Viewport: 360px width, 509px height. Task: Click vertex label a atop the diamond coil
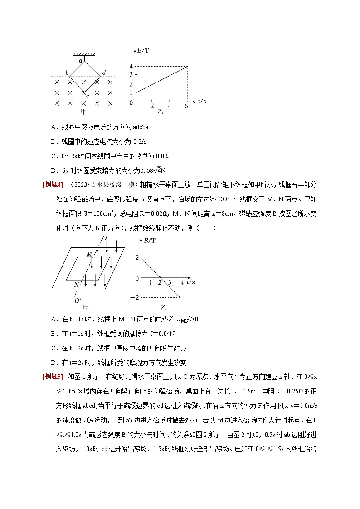[x=80, y=60]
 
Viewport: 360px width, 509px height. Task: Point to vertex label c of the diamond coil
[x=87, y=96]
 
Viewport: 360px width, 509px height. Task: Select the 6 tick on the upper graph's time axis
[x=187, y=106]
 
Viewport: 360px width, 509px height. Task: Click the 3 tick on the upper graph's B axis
[x=131, y=75]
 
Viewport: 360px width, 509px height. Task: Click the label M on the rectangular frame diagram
[x=89, y=254]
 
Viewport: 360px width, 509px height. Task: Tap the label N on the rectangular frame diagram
[x=76, y=285]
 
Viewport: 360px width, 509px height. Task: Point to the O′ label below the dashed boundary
[x=78, y=300]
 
